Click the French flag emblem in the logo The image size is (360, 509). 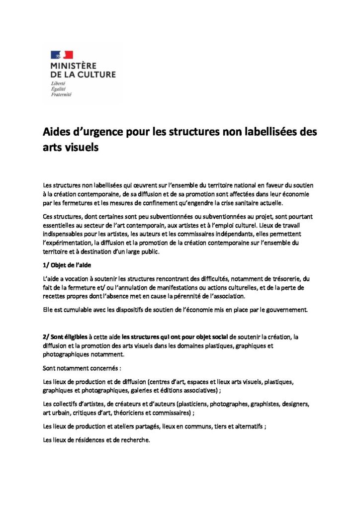pyautogui.click(x=62, y=55)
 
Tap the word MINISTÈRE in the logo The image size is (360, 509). pyautogui.click(x=74, y=65)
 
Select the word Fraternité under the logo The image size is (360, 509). pyautogui.click(x=62, y=94)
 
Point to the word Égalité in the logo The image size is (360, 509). pyautogui.click(x=59, y=88)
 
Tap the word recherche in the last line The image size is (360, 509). pyautogui.click(x=134, y=440)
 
